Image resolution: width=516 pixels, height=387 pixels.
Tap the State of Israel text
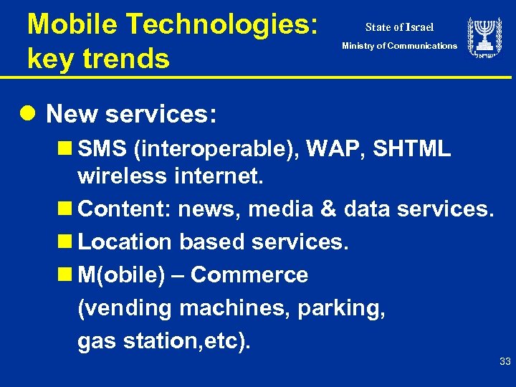click(x=399, y=27)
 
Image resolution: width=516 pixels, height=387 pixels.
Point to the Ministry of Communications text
click(x=399, y=46)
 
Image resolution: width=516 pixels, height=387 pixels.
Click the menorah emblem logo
click(x=484, y=38)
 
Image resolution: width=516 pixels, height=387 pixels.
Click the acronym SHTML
click(x=412, y=149)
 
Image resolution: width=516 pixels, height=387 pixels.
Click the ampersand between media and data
click(x=327, y=209)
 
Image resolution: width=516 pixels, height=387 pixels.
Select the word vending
click(x=125, y=309)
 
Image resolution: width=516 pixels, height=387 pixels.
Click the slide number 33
click(x=505, y=363)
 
